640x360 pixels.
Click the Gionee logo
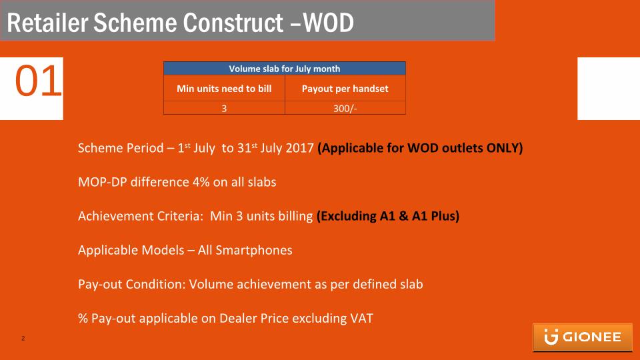click(x=583, y=337)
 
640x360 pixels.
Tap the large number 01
click(x=39, y=81)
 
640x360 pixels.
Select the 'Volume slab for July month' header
click(x=285, y=69)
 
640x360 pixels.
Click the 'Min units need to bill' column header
click(x=224, y=89)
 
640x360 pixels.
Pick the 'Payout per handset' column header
click(x=345, y=89)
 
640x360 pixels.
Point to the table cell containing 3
click(x=224, y=108)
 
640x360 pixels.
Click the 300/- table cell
click(x=345, y=108)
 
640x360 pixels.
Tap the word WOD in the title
click(x=328, y=23)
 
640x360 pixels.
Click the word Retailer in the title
click(x=47, y=23)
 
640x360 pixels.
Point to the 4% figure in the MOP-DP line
click(x=201, y=182)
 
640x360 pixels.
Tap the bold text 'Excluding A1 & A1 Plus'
click(x=388, y=216)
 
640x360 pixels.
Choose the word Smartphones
click(x=254, y=250)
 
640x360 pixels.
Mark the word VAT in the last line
click(x=361, y=319)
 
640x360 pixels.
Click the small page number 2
click(x=23, y=339)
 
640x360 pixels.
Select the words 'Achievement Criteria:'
click(x=141, y=216)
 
